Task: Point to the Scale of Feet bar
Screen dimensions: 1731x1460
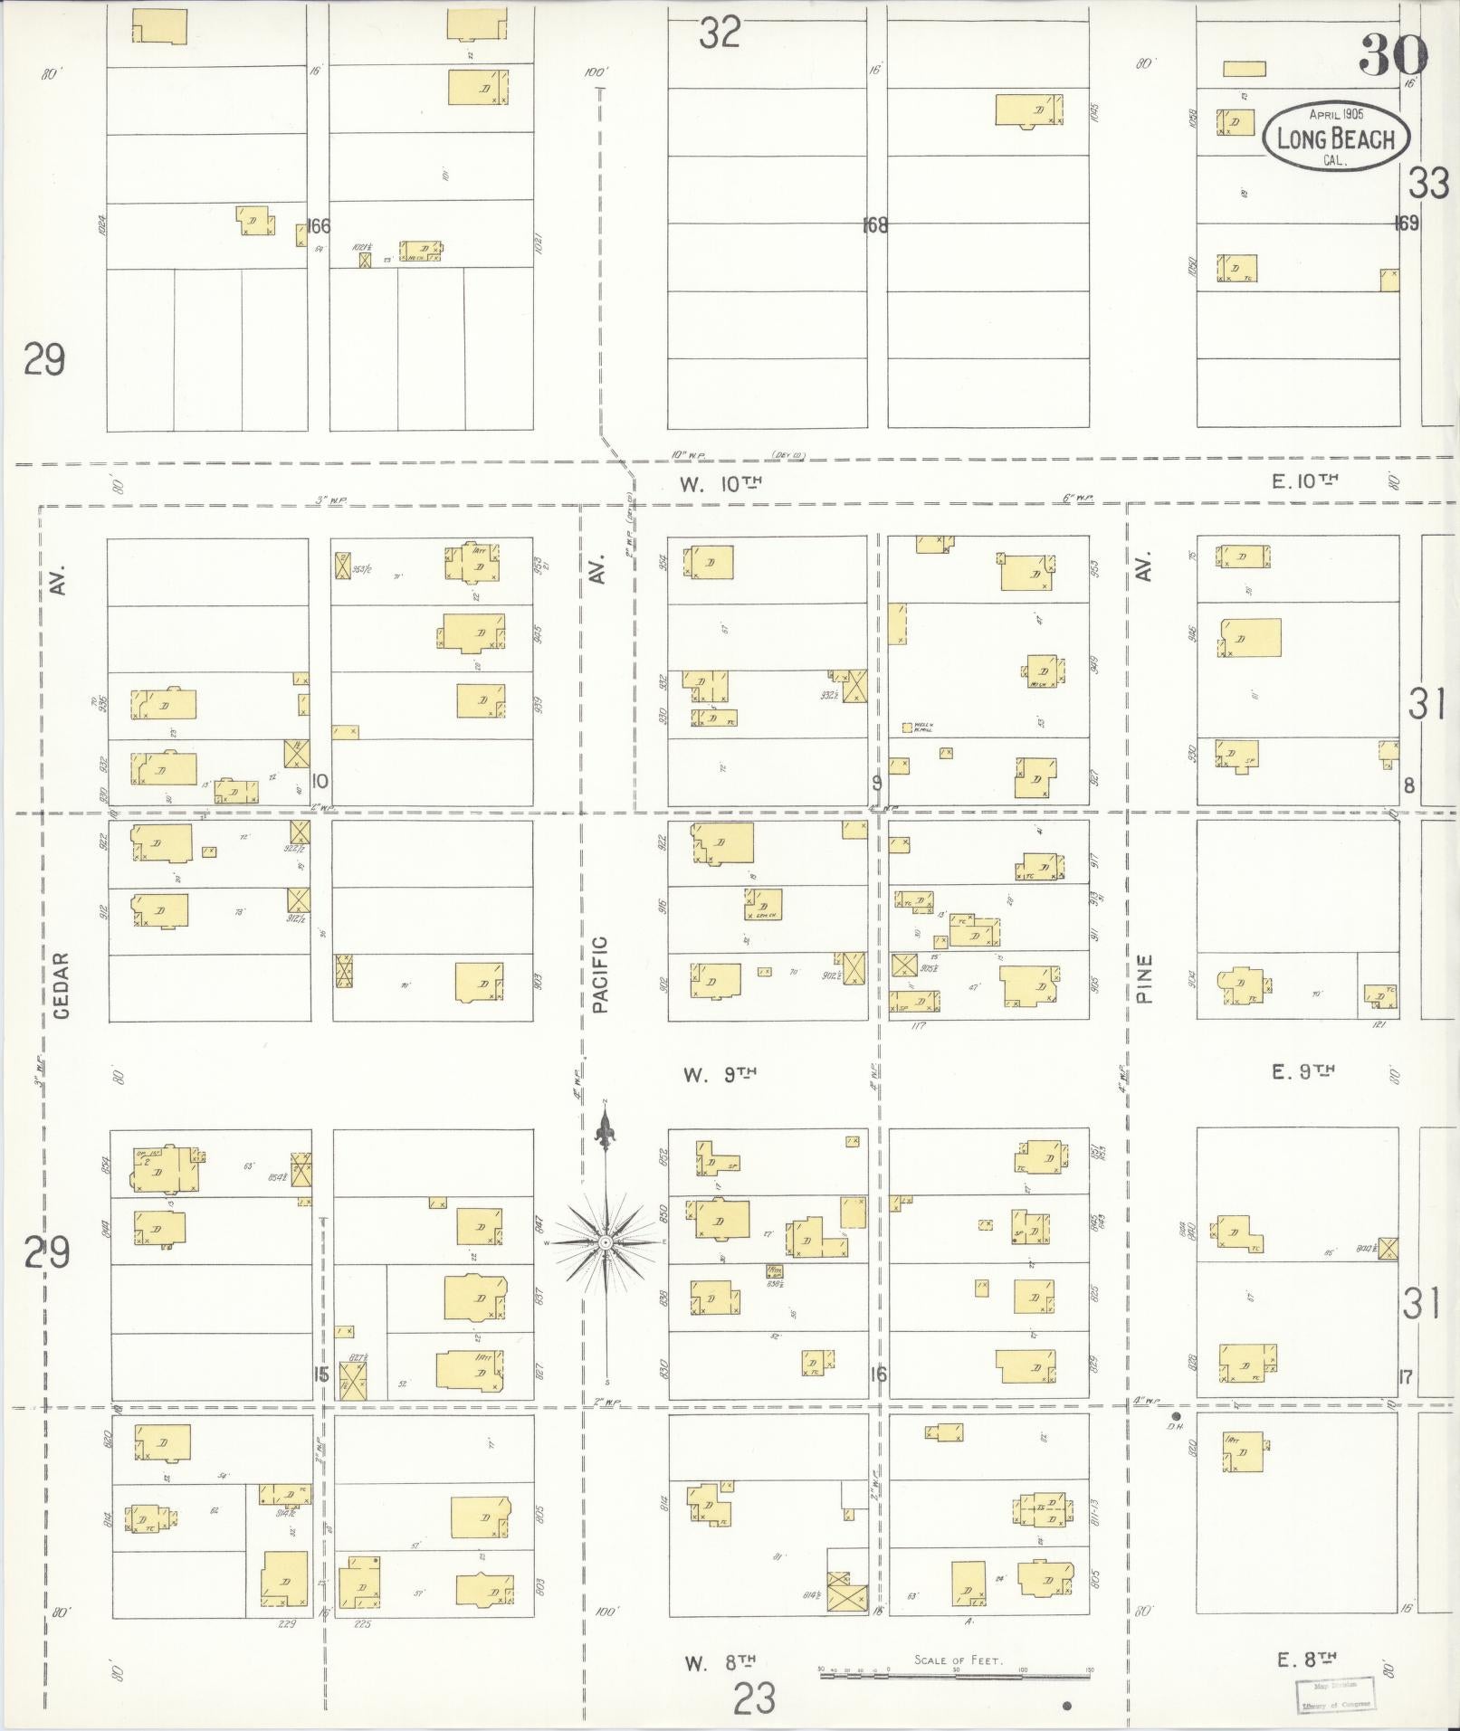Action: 957,1676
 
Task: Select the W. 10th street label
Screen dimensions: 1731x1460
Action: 720,484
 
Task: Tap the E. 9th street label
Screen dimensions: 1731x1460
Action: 1304,1072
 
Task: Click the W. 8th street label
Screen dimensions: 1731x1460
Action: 720,1662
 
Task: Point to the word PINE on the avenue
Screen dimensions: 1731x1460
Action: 1144,978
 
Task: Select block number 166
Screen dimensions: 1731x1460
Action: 319,226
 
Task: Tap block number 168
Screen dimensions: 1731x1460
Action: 875,225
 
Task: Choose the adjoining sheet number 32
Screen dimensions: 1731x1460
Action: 720,33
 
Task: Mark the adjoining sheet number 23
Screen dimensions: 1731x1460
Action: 754,1698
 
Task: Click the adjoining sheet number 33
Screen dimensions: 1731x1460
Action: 1428,185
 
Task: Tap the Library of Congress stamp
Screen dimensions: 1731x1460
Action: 1336,1694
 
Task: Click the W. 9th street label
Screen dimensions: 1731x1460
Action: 720,1074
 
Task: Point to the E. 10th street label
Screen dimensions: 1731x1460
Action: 1304,482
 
